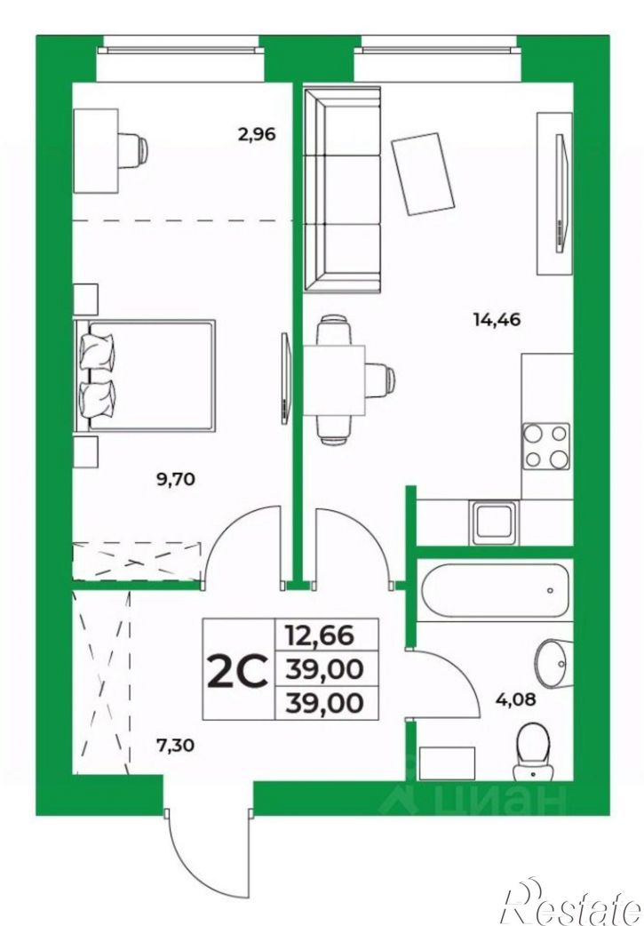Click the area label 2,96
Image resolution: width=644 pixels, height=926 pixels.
pos(257,135)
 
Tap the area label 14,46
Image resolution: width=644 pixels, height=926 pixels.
pos(497,320)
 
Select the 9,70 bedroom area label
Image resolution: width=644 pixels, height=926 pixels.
pos(175,479)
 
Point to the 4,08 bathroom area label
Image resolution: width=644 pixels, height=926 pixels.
pos(516,699)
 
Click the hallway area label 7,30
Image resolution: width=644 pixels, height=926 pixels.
pos(175,746)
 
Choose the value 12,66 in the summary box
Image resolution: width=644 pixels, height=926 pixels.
pos(320,635)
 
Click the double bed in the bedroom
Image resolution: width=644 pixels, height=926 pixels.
pos(145,376)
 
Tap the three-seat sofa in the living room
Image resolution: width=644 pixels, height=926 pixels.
pos(342,189)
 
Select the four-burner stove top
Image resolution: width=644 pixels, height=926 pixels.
pos(546,446)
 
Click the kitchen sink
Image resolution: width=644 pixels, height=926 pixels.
pos(495,523)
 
